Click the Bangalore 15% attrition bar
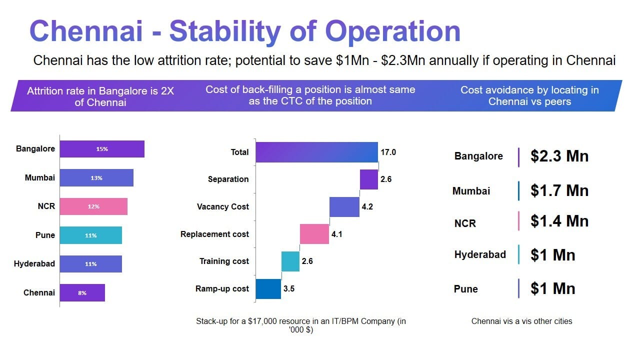[x=102, y=149]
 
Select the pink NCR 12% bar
[x=93, y=206]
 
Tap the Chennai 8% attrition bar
[x=82, y=293]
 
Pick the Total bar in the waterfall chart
[x=316, y=152]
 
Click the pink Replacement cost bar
[x=314, y=234]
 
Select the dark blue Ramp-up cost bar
[x=268, y=288]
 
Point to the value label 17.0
[x=388, y=152]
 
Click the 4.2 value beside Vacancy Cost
[x=367, y=206]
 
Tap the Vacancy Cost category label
[x=222, y=206]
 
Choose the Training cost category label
[x=224, y=261]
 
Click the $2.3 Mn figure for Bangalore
[x=559, y=156]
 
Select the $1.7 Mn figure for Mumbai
[x=559, y=190]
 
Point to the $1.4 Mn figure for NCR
[x=559, y=221]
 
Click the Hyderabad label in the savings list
[x=480, y=254]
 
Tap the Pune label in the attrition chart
[x=45, y=235]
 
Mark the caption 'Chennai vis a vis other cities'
[x=521, y=321]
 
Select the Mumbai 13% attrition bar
[x=96, y=178]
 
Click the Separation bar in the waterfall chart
[x=369, y=179]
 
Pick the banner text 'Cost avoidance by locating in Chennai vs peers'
[x=529, y=95]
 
